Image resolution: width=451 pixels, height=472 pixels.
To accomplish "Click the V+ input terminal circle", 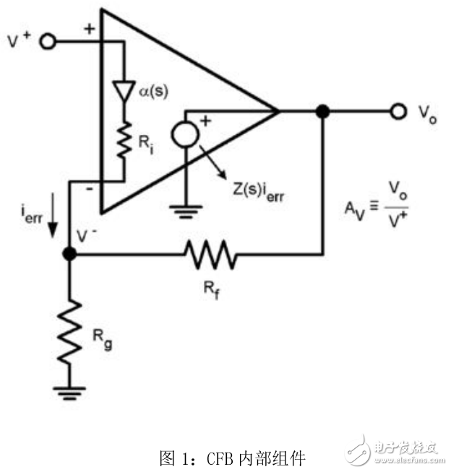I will [48, 41].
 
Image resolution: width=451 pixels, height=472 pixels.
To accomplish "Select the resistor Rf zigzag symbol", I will [210, 254].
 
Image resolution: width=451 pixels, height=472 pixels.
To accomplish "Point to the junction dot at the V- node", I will [69, 254].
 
